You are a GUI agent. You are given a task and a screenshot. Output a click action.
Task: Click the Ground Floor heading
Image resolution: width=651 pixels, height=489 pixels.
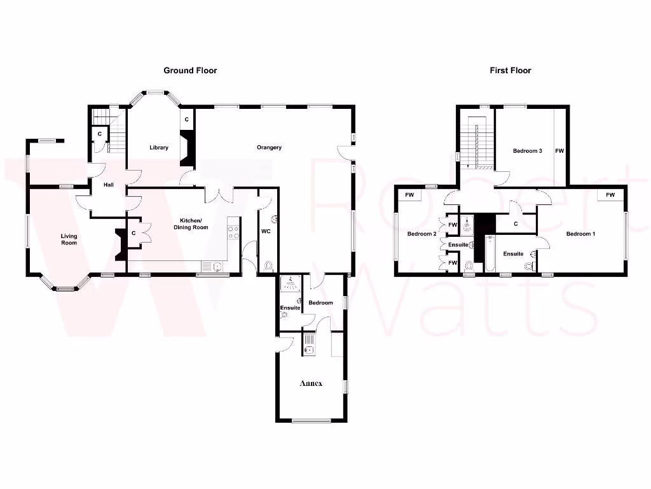(190, 71)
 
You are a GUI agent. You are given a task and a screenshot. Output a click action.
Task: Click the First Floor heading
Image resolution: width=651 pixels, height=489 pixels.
(510, 71)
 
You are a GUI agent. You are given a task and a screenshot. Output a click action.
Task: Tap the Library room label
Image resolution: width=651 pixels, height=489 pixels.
(159, 148)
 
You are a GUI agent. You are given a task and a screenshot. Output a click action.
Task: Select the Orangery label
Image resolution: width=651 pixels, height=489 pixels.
(269, 148)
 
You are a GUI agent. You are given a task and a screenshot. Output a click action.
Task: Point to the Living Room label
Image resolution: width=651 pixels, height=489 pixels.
(69, 239)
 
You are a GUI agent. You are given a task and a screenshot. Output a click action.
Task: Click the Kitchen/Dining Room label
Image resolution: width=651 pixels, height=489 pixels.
(191, 223)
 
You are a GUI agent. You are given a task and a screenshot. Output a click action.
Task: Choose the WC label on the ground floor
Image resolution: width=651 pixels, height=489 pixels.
(266, 231)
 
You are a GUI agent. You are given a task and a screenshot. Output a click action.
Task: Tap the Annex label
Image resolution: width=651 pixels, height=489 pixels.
(311, 383)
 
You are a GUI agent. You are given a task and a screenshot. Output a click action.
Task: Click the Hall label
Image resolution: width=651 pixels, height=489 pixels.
(109, 185)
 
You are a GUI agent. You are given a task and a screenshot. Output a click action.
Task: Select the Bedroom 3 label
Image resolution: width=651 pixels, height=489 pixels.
(528, 151)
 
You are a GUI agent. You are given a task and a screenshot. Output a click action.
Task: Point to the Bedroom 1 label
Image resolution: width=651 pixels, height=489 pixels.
(580, 234)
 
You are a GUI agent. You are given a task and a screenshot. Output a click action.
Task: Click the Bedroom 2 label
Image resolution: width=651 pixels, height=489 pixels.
(421, 234)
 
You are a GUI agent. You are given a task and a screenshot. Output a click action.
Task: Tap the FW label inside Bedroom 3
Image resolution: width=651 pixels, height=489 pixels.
(559, 151)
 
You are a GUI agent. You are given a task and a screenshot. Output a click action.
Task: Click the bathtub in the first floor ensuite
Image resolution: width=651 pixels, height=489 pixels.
(490, 254)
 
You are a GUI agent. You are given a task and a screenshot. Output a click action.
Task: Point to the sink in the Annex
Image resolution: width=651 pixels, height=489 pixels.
(310, 348)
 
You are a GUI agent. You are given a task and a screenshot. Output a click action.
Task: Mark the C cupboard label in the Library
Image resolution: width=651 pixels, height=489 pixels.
(186, 119)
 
